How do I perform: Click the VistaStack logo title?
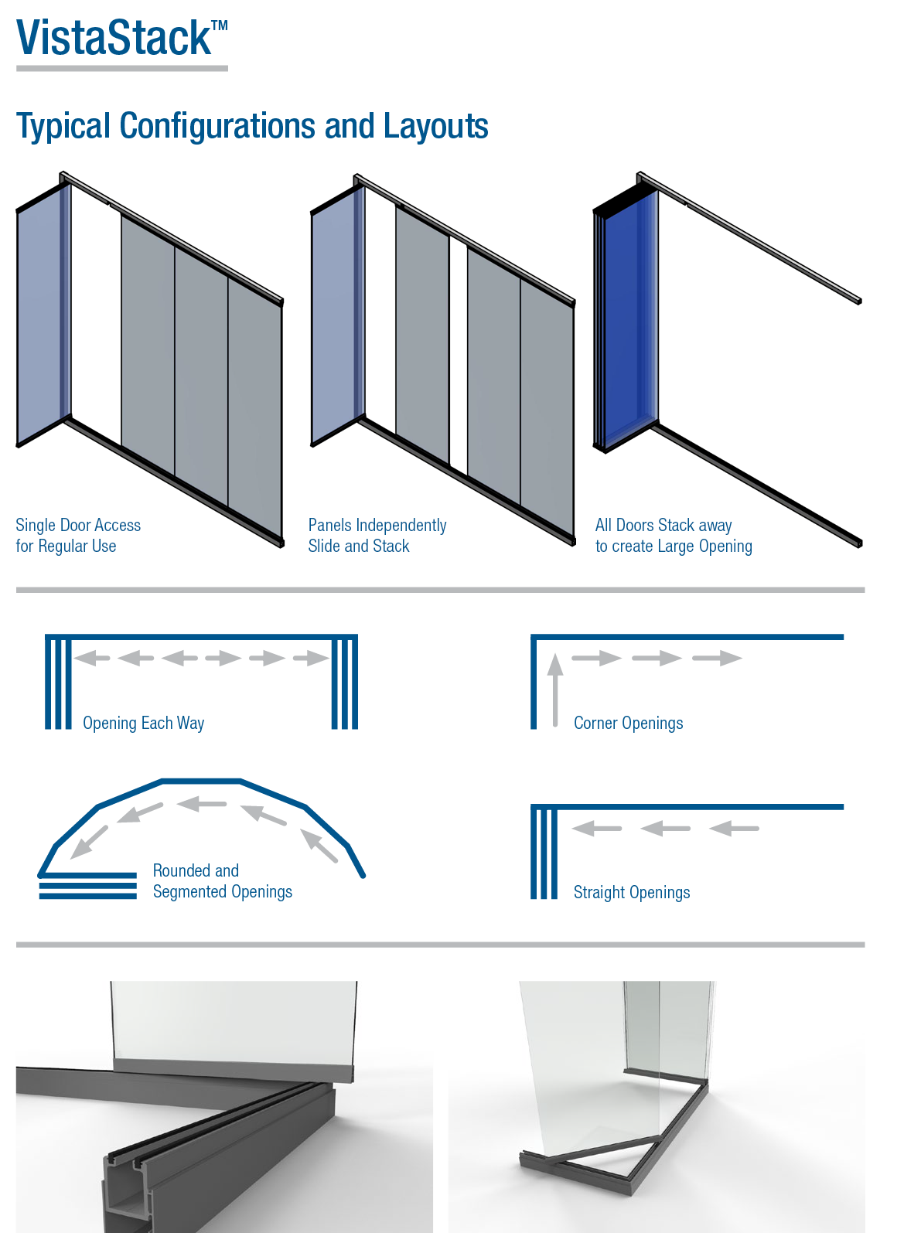pos(114,39)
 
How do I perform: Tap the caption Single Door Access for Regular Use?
pos(77,535)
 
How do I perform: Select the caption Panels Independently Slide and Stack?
pos(377,535)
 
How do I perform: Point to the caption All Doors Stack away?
pos(663,526)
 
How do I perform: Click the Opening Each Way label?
pos(143,724)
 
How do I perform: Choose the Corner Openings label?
pos(628,724)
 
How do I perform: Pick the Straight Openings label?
pos(631,893)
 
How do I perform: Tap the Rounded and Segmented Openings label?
pos(222,881)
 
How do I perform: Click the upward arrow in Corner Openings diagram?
pos(555,688)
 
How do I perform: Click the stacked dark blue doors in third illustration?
pos(626,317)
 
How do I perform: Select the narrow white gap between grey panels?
pos(458,356)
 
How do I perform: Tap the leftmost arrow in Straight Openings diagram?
pos(596,829)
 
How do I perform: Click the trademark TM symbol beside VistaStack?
pos(220,26)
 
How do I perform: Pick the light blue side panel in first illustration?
pos(40,317)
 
